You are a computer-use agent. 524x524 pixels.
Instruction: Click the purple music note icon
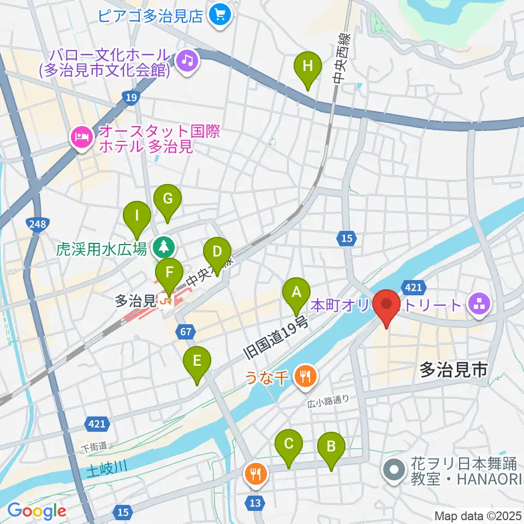pyautogui.click(x=187, y=59)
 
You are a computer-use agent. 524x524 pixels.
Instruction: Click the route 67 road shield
pyautogui.click(x=184, y=331)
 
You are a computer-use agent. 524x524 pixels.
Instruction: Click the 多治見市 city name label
pyautogui.click(x=453, y=372)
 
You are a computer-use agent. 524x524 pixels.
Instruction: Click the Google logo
pyautogui.click(x=37, y=511)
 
